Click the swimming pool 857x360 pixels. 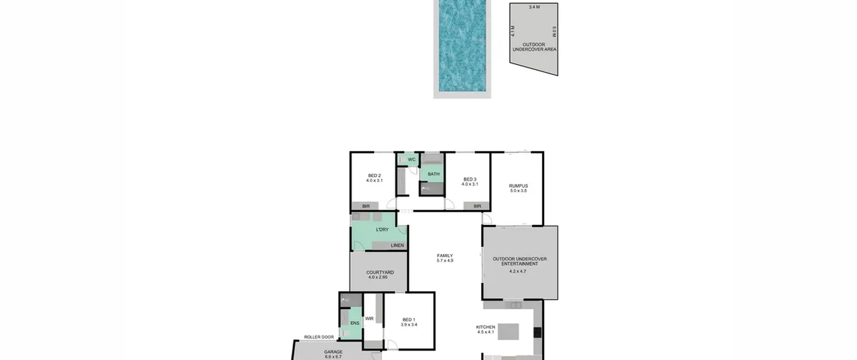point(462,46)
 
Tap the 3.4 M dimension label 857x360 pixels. point(534,7)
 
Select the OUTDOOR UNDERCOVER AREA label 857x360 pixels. point(534,47)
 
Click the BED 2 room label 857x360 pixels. point(374,175)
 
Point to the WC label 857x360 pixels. point(412,159)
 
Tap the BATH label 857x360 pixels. point(434,174)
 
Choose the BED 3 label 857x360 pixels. point(470,179)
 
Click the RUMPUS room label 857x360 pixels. point(518,186)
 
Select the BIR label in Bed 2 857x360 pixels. point(366,206)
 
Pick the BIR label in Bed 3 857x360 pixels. point(477,206)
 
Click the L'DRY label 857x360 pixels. point(382,230)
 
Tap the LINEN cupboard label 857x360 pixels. point(397,245)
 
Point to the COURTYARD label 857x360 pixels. point(380,273)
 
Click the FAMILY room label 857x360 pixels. point(445,256)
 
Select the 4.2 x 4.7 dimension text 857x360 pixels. point(518,271)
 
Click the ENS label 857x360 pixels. point(355,323)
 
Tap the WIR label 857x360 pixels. point(369,319)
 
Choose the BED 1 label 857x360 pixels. point(409,320)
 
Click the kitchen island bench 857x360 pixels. point(508,332)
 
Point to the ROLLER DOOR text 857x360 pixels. point(319,337)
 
